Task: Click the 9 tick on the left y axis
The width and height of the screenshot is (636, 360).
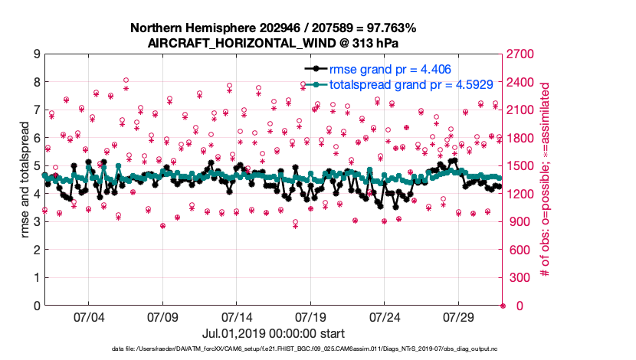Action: point(36,54)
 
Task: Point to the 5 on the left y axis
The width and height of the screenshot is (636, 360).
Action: point(36,166)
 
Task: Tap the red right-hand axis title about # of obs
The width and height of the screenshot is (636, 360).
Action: point(546,180)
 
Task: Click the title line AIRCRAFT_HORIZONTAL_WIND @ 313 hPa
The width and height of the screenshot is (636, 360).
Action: point(273,43)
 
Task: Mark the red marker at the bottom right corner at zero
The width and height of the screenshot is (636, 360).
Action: point(503,306)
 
